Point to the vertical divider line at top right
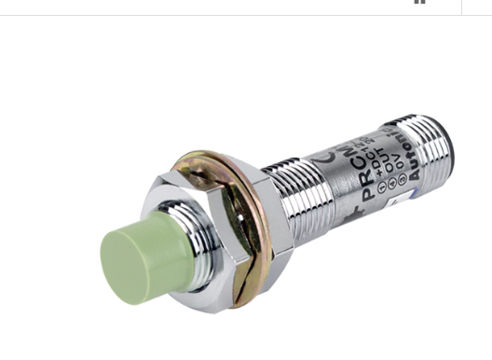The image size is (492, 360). click(461, 7)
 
